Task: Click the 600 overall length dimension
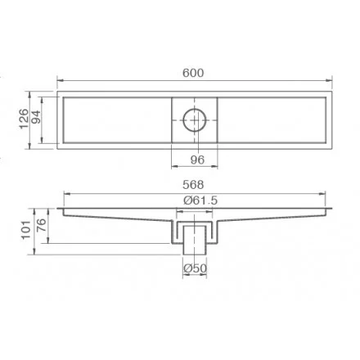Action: point(193,73)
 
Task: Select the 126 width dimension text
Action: point(24,119)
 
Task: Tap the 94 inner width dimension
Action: point(36,117)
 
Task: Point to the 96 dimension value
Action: point(197,160)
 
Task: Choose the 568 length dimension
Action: point(193,185)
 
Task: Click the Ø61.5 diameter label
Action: point(200,200)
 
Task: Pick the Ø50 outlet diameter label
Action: point(195,268)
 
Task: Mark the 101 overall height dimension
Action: point(26,230)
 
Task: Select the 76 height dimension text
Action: point(42,225)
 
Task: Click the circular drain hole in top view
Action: point(195,108)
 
